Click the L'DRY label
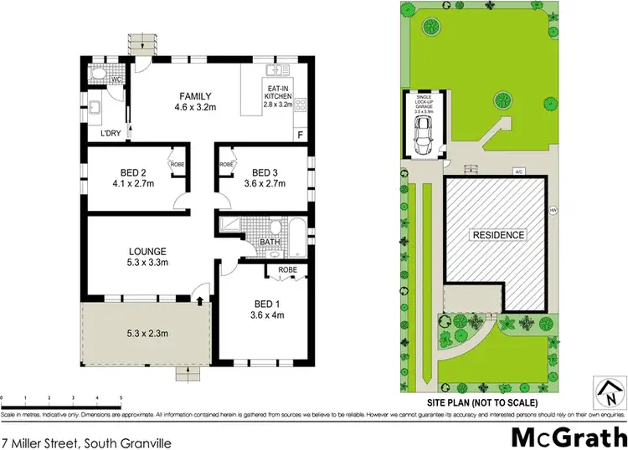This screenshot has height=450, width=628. (109, 133)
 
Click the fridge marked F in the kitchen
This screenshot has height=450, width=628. (299, 135)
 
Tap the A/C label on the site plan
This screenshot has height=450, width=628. (519, 171)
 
